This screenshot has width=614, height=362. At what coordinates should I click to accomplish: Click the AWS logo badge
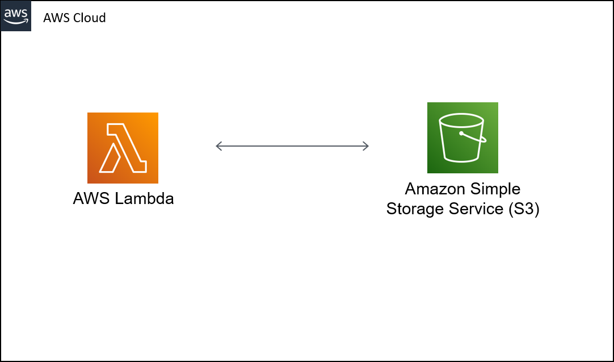coord(16,16)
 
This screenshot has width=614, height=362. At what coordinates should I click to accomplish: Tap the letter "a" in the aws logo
coord(7,13)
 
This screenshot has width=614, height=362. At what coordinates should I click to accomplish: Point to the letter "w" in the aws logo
coord(16,13)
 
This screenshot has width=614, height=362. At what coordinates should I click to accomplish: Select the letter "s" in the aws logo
coord(24,13)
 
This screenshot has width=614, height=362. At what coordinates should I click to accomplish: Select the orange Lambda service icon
coord(123,148)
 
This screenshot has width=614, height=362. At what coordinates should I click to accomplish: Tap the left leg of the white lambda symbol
coord(110,159)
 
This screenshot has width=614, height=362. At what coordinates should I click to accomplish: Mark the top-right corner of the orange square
coord(157,114)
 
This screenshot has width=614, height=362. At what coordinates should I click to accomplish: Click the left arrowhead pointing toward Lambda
coord(218,146)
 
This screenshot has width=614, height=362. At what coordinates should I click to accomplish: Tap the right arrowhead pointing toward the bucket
coord(367,146)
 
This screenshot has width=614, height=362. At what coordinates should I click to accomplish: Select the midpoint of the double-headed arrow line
coord(292,146)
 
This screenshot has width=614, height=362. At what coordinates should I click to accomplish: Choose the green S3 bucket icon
coord(462,138)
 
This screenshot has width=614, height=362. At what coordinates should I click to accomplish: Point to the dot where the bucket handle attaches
coord(461,134)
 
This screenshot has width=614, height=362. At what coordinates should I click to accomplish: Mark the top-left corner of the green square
coord(428,103)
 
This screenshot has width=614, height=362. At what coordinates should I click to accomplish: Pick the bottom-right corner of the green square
coord(497,172)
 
